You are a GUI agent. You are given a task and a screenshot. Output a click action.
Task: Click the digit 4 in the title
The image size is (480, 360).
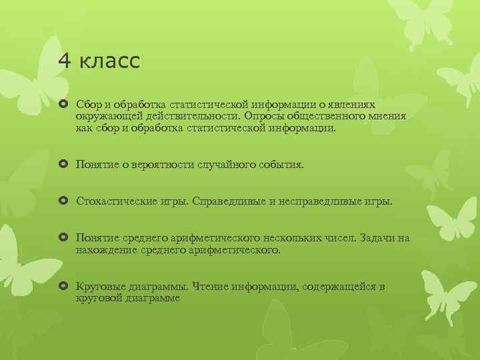point(64,61)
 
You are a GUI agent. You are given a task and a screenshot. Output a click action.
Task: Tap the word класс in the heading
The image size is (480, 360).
point(109,61)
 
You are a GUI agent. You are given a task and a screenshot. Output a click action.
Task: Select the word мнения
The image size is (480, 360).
point(383,116)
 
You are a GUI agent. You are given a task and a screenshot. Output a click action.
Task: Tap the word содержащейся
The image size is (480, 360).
point(339,287)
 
